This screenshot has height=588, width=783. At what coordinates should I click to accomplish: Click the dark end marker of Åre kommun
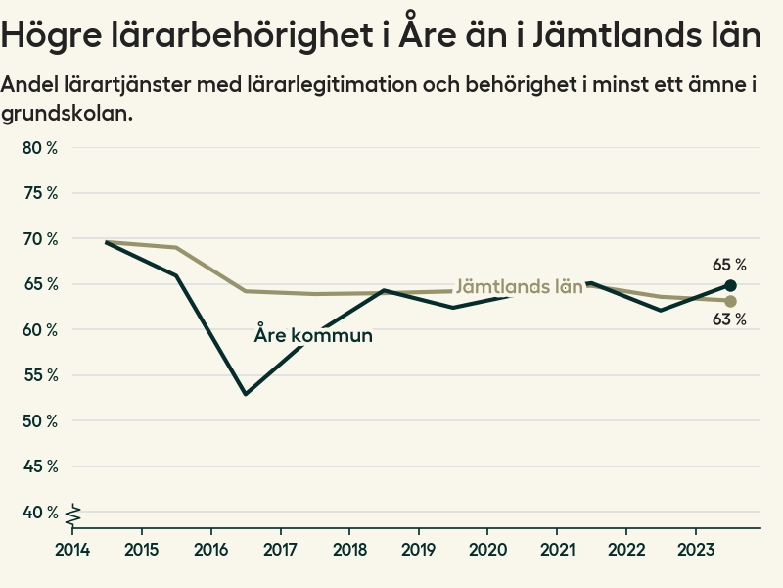730,285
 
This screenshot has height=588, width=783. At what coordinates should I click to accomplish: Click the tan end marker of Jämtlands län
730,301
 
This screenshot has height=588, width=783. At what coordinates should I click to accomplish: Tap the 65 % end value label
729,265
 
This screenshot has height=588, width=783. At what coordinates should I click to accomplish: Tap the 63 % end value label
729,319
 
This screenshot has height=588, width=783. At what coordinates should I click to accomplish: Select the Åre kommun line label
313,335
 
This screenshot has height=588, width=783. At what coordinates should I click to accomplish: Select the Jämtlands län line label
520,287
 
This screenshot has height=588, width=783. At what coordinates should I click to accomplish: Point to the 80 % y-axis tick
40,148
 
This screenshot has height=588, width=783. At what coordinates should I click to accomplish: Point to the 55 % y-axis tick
40,375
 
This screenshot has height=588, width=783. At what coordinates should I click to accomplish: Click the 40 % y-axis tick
40,513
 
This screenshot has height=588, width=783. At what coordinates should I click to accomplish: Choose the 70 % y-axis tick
40,239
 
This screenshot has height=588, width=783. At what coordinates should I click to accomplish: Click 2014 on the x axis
72,548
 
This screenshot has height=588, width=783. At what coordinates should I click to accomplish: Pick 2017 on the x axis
281,548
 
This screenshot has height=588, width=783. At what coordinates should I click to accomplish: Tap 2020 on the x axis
488,548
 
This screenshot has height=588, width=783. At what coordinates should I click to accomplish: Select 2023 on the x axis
696,548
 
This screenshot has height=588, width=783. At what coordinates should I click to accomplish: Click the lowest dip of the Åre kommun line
246,394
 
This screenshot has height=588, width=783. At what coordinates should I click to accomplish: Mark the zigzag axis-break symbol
73,513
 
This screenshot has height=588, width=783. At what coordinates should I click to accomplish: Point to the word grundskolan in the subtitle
66,114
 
